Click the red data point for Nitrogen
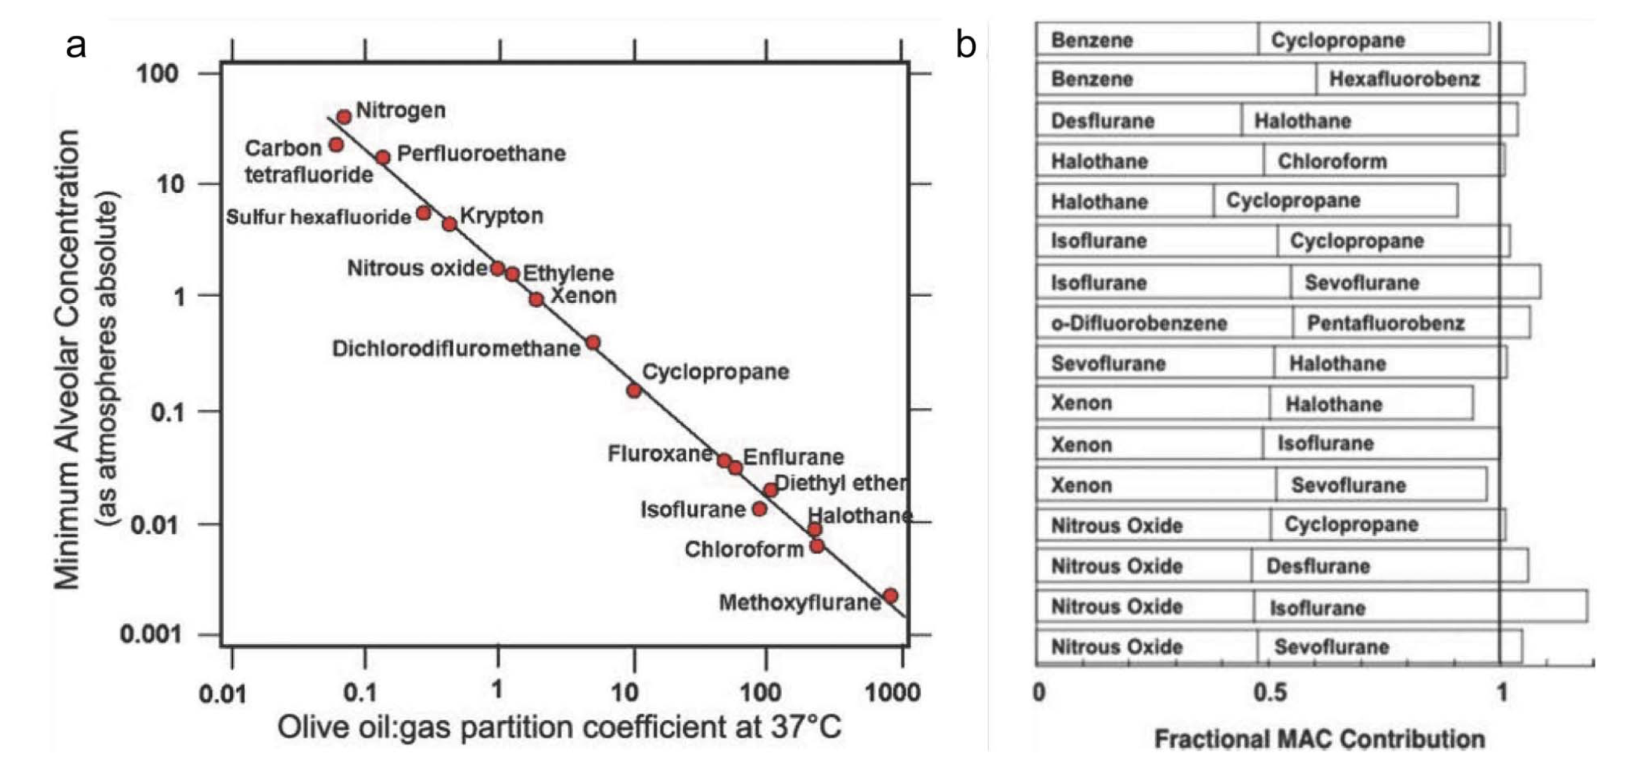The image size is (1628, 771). (344, 117)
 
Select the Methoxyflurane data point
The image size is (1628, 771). (890, 596)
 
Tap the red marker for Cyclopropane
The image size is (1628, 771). (633, 390)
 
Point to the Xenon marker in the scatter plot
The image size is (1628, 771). (536, 299)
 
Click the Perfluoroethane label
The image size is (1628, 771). (481, 153)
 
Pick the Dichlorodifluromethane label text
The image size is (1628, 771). (456, 348)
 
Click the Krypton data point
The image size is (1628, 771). (450, 224)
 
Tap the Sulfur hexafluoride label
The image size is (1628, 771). (319, 217)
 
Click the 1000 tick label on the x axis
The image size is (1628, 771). (892, 692)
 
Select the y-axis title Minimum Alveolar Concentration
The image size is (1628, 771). (67, 359)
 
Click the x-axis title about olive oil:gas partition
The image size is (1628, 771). (559, 727)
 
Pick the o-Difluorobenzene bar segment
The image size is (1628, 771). (1164, 323)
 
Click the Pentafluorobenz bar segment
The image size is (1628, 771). (1411, 323)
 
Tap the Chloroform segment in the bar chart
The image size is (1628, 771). (1383, 161)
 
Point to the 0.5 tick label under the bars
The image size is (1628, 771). (1270, 692)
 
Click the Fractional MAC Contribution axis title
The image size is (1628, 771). (1320, 739)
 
